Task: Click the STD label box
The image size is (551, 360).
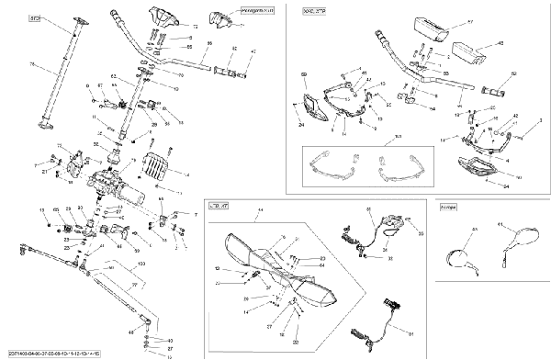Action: click(x=37, y=18)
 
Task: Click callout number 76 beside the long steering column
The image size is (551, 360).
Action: click(x=33, y=64)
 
